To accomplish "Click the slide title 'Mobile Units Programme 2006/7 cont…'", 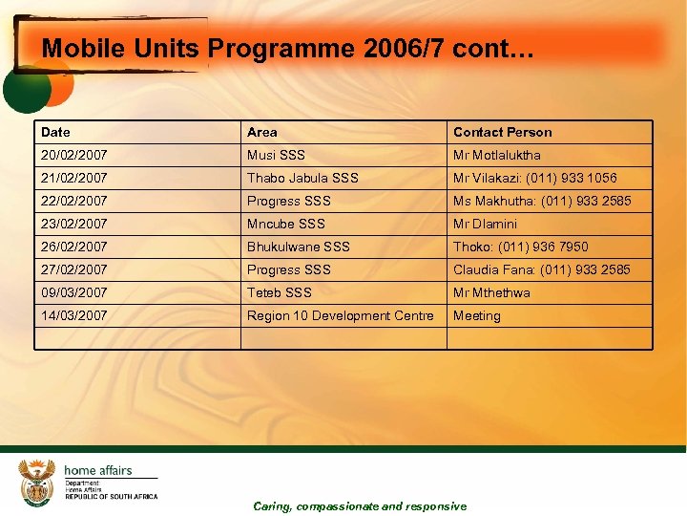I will (x=288, y=49).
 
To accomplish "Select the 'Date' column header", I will (x=55, y=132).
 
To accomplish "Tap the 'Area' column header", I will (x=262, y=132).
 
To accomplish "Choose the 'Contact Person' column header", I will (x=502, y=132).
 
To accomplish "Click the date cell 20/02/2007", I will (x=74, y=155).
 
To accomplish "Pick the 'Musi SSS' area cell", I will (x=276, y=155).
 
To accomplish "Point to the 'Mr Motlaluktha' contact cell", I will (x=496, y=155).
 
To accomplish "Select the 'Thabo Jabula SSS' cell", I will (x=302, y=178).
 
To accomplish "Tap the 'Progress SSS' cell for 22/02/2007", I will (x=288, y=201).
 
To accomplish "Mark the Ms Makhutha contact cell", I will (x=541, y=201).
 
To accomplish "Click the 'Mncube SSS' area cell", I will (x=285, y=224).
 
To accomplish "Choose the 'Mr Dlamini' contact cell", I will (x=485, y=224).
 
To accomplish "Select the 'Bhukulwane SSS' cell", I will (x=298, y=247).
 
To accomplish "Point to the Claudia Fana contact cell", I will (x=541, y=269).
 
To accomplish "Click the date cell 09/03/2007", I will (x=74, y=292).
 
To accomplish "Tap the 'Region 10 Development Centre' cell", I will (x=340, y=315).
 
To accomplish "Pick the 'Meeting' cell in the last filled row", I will (x=476, y=315).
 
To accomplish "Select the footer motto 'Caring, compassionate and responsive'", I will (x=360, y=506).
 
